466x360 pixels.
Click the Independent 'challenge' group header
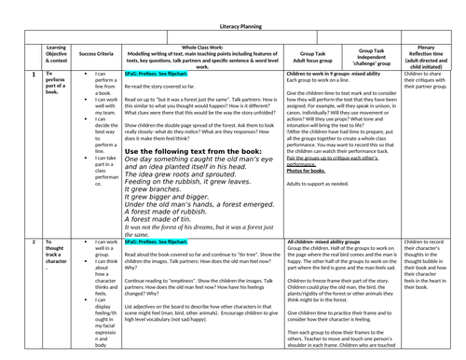(369, 56)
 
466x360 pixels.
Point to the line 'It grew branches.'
(151, 187)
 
